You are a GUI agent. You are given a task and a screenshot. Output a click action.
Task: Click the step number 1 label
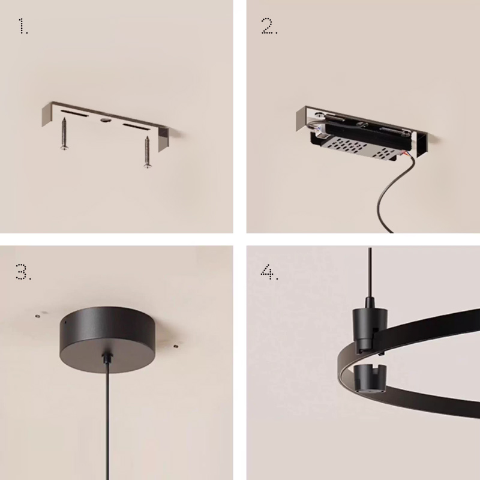[23, 26]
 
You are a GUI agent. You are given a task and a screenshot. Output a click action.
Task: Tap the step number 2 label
[269, 26]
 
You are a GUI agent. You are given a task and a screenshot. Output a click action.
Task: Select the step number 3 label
[23, 272]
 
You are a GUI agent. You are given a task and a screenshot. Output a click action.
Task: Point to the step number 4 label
[269, 272]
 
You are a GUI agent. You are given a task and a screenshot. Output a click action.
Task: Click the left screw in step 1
[64, 134]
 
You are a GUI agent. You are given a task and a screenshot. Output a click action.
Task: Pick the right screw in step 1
[148, 152]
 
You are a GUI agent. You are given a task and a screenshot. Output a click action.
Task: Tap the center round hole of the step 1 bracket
[105, 119]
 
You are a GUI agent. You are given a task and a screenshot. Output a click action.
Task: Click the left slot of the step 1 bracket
[74, 113]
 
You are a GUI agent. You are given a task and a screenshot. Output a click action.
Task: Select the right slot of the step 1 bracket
[136, 127]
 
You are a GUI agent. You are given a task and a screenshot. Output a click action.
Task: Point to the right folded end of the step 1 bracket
[163, 140]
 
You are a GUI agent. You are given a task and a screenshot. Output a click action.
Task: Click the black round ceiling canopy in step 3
[107, 340]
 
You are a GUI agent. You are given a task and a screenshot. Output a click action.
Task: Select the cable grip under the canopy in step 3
[107, 358]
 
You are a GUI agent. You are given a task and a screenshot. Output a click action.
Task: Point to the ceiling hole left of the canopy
[38, 316]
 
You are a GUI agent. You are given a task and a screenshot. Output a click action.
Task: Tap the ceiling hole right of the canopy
[176, 346]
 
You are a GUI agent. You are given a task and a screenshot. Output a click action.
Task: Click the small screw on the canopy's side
[65, 322]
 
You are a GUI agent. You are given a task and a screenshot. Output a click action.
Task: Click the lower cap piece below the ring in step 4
[370, 378]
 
